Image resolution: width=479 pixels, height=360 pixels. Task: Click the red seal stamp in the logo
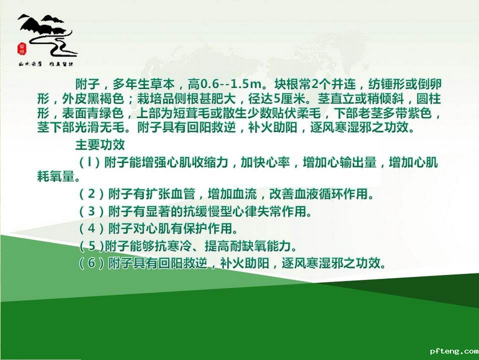click(22, 49)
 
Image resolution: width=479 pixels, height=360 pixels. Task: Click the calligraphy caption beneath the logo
click(46, 64)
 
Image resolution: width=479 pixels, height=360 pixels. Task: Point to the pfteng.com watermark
click(454, 351)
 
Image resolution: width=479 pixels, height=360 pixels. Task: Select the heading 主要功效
click(100, 145)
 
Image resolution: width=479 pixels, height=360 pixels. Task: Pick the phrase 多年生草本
click(143, 84)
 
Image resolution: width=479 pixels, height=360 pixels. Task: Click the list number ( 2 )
click(92, 194)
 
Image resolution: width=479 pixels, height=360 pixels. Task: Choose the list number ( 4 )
click(92, 229)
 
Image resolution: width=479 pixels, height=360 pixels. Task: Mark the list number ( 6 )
click(92, 263)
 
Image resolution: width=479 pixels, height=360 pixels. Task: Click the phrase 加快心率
click(265, 162)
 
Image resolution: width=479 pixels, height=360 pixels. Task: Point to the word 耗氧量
click(56, 176)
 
